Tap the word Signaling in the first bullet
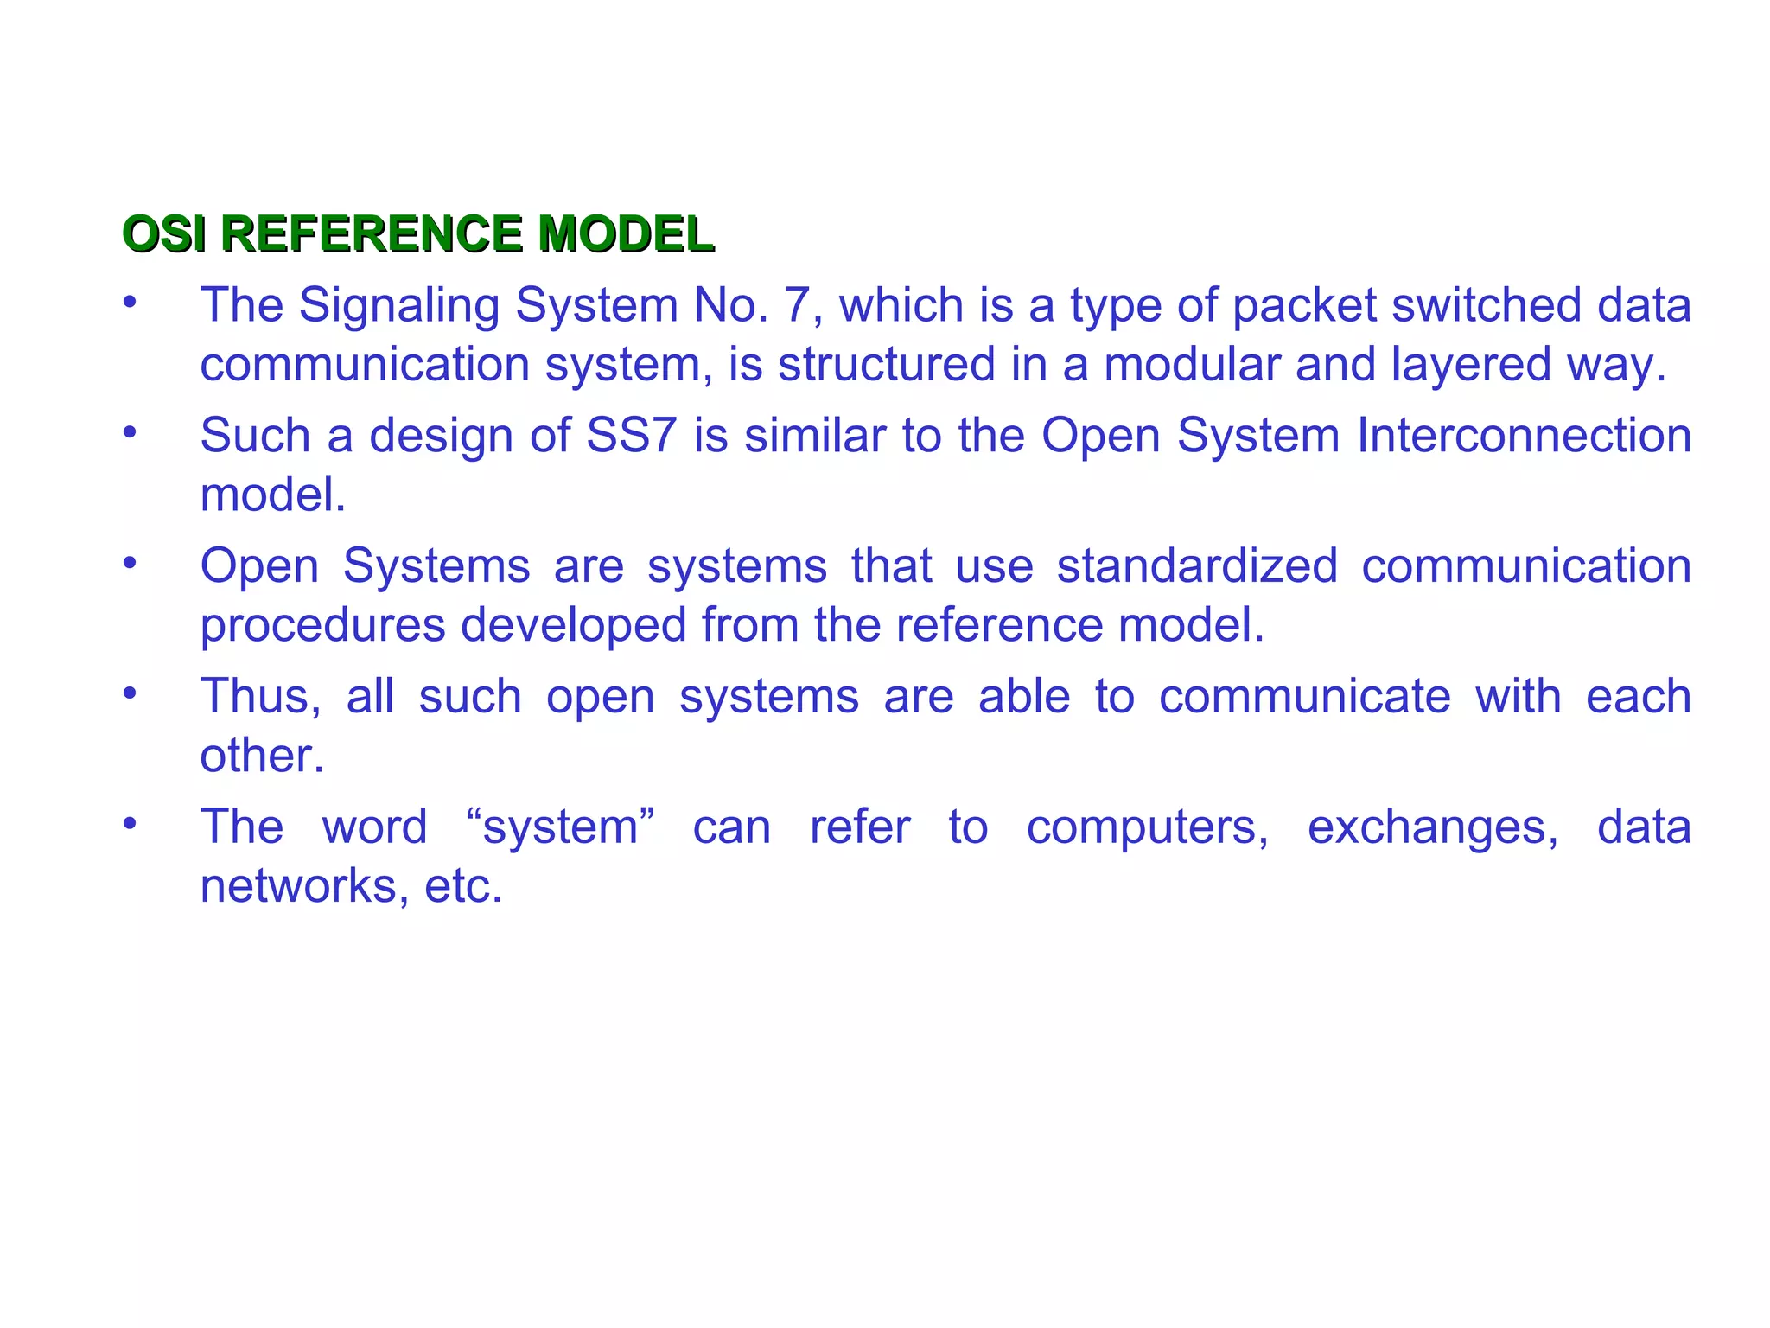tap(399, 307)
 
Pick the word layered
tap(1472, 366)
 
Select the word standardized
tap(1197, 566)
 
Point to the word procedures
tap(322, 626)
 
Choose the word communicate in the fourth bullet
tap(1304, 697)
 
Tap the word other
tap(261, 756)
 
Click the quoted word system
tap(559, 828)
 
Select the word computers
tap(1147, 828)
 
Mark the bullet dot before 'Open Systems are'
tap(130, 563)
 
